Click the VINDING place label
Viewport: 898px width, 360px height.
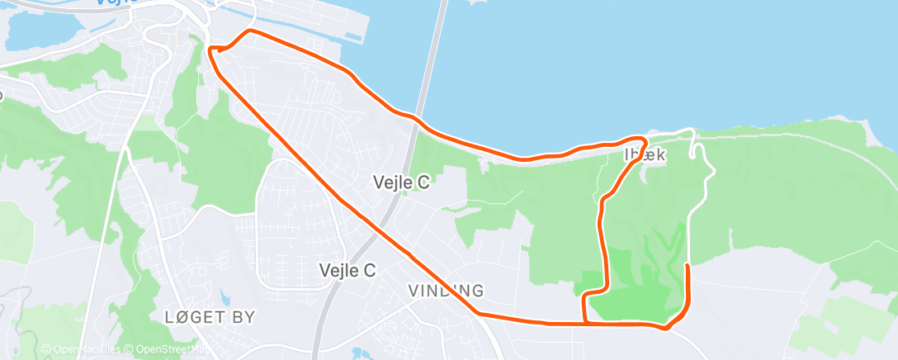tap(446, 291)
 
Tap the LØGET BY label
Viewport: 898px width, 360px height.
tap(210, 316)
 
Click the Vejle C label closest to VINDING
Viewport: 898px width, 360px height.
tap(347, 270)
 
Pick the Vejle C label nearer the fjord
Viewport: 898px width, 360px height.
tap(401, 182)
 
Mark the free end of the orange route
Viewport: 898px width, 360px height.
tap(688, 265)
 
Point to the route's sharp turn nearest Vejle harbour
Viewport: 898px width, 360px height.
tap(212, 50)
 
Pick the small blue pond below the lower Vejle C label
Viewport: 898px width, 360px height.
tap(361, 353)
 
